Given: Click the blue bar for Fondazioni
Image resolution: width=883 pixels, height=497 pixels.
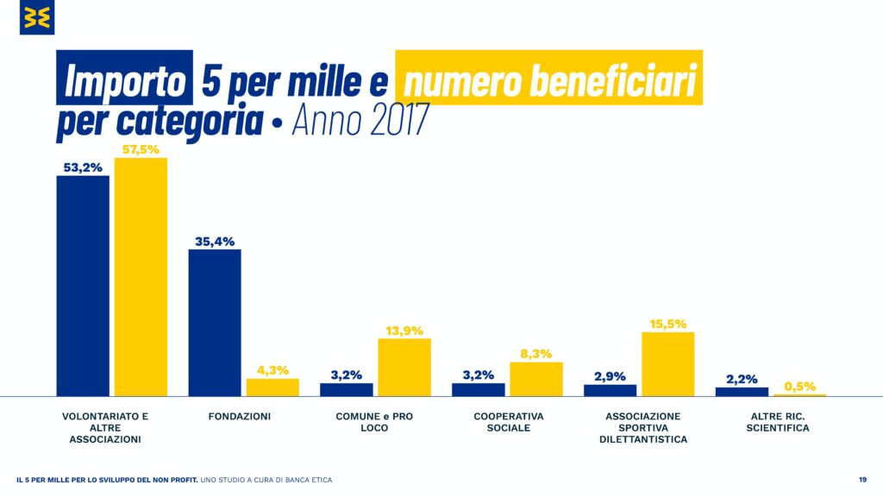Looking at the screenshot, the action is pos(215,323).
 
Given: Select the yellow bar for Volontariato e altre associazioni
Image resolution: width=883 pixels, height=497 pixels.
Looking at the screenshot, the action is pos(141,277).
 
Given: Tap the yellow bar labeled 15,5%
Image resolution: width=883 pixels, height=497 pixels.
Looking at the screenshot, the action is pos(668,365).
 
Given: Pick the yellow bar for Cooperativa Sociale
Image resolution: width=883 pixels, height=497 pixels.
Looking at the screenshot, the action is pos(536,380).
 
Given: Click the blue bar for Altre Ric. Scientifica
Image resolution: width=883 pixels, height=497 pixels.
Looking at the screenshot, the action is pos(742,393).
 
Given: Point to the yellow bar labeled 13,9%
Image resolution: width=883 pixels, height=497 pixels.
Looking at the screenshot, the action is pos(404,368).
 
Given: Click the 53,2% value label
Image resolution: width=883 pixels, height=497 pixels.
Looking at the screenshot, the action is pos(83,167).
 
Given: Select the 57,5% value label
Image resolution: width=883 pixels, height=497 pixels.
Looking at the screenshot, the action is pos(141,149).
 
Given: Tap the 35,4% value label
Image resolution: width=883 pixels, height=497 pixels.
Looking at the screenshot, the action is pos(215,242).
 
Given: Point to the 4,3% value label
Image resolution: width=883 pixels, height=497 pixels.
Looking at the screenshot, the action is pos(272,370).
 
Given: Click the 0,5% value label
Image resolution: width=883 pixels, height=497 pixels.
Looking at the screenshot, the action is pos(799,386).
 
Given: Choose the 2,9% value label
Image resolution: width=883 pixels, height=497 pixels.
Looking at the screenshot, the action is pos(610,376).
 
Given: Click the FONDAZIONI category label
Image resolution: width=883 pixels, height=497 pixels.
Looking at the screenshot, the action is pos(240,417).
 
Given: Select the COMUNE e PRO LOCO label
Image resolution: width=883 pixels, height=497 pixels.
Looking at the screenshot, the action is pos(374,422).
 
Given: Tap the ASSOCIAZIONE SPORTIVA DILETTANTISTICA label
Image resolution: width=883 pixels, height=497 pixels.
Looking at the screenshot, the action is pos(643,428).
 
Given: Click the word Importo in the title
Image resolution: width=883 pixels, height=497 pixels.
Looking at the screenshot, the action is pos(124,80).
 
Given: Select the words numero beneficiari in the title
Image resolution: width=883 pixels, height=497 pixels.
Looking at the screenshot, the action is pos(550,80).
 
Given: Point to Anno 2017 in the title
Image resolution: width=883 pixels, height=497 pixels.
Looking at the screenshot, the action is pos(360,119).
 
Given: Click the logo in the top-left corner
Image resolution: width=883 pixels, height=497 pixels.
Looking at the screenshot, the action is pos(37,17).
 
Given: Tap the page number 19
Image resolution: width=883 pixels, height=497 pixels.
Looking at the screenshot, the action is pos(862,480).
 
